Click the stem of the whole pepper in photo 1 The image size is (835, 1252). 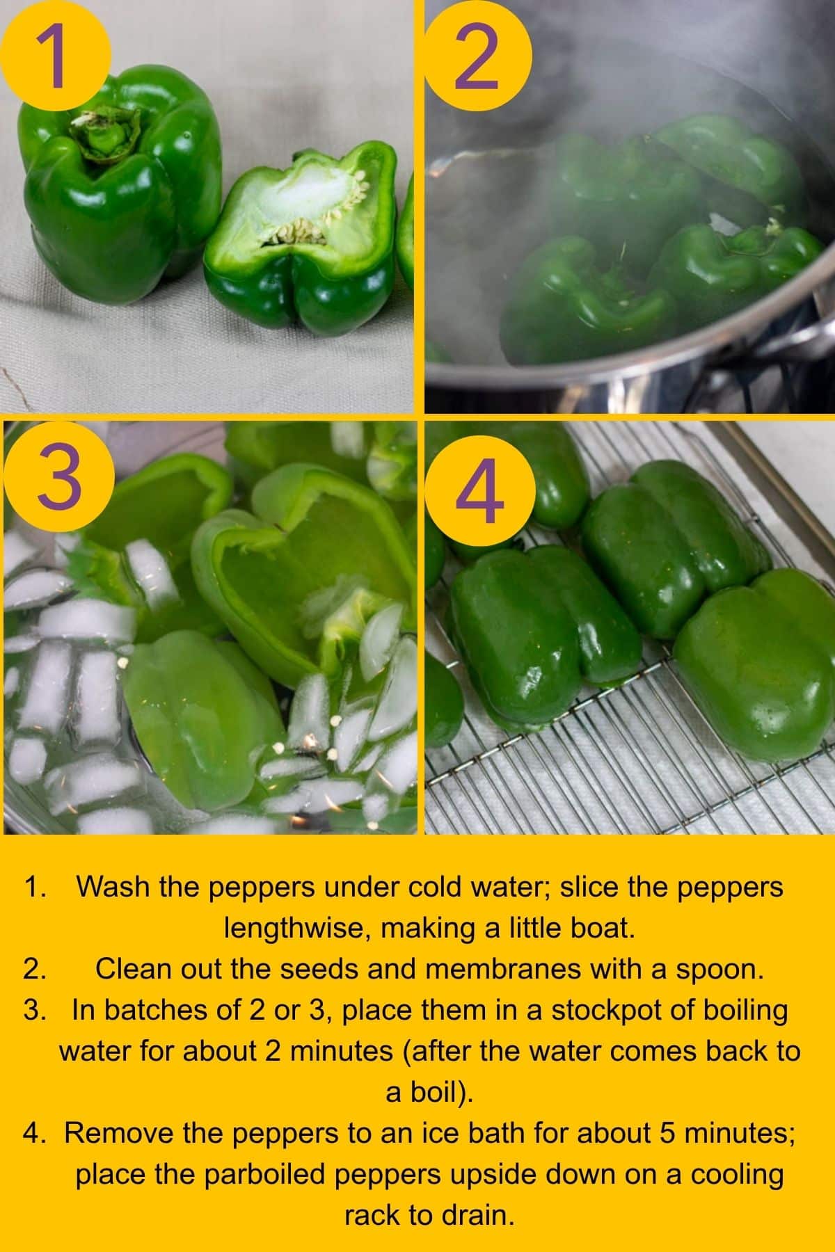(x=104, y=132)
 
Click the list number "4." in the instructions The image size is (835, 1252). (x=35, y=1134)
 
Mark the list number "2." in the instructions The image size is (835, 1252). (x=35, y=969)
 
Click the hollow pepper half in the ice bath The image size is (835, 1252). (x=292, y=577)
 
